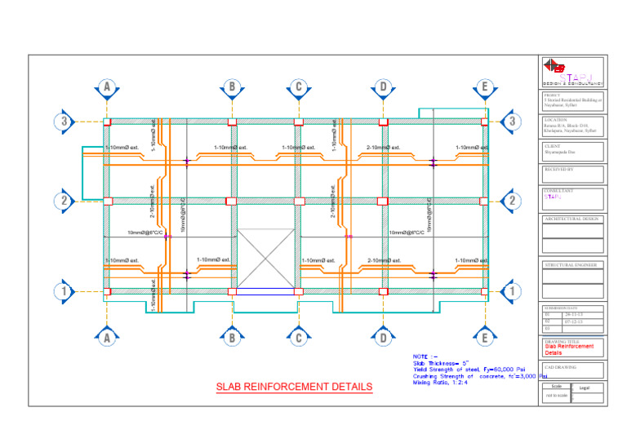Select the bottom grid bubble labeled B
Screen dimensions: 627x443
pos(232,337)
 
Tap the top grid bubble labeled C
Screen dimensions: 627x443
pos(299,87)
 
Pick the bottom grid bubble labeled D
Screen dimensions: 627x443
pos(382,337)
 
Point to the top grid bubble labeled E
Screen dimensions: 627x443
pos(485,87)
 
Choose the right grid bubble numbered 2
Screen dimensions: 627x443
pos(512,200)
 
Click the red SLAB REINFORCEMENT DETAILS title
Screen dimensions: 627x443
pos(294,387)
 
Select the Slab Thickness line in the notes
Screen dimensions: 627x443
pos(441,363)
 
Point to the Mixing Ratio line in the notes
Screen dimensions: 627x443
pos(440,382)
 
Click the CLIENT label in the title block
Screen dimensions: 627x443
pos(552,145)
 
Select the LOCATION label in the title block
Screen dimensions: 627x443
pos(555,120)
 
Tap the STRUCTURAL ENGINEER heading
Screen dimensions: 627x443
pos(571,265)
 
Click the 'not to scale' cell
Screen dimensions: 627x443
pos(555,396)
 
